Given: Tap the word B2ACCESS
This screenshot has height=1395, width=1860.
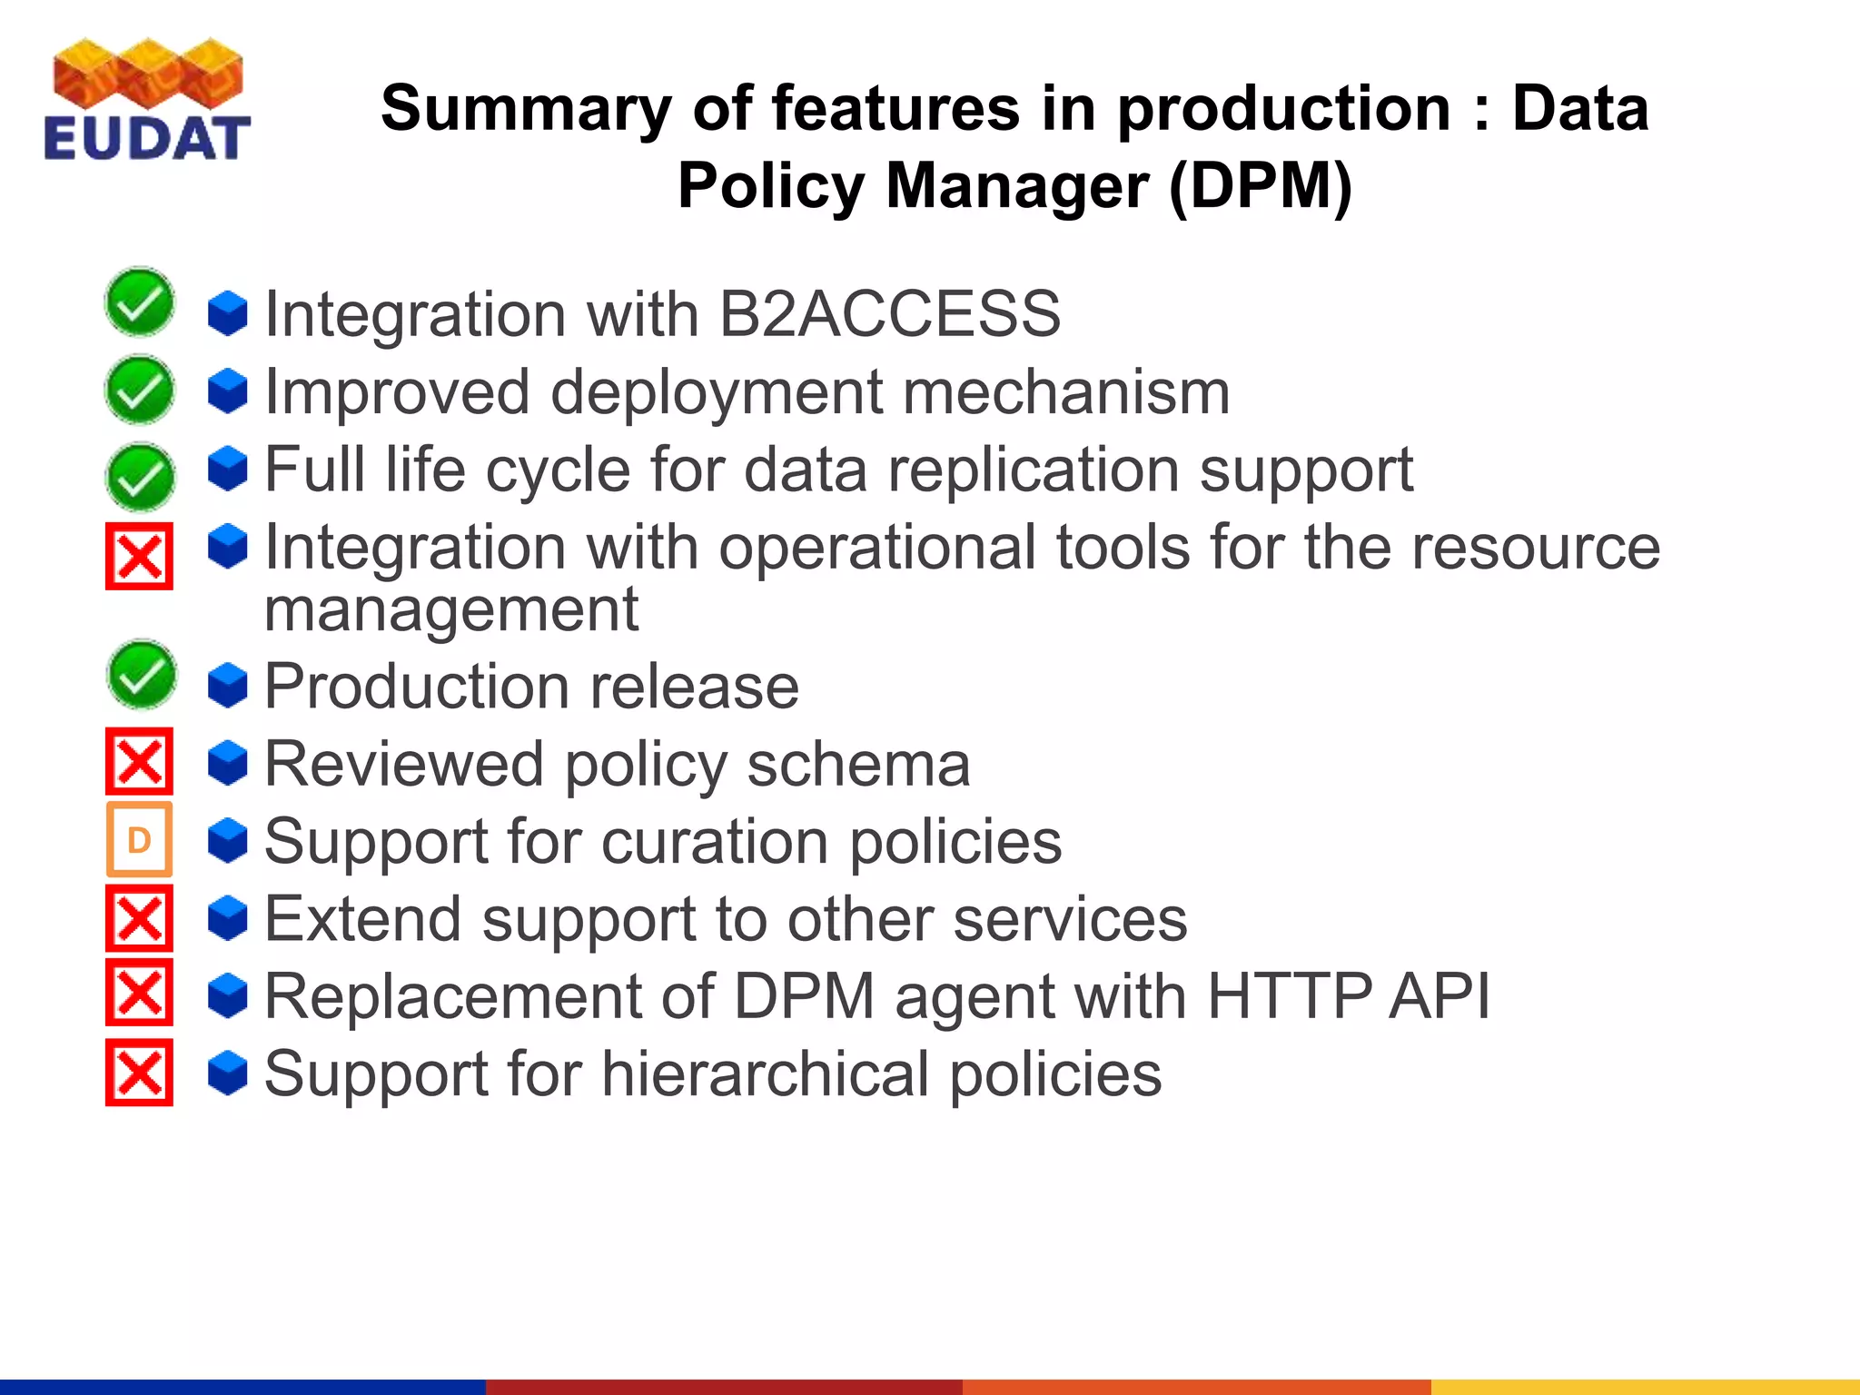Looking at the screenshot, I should coord(889,314).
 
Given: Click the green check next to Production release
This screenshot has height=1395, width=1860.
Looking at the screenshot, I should coord(141,676).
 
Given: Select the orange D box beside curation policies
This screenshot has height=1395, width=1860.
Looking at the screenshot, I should coord(139,840).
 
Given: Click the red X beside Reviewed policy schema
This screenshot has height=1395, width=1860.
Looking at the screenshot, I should coord(139,761).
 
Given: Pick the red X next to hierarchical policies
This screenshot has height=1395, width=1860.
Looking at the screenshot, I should coord(139,1073).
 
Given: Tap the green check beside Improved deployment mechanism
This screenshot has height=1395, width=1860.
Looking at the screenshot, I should coord(140,391).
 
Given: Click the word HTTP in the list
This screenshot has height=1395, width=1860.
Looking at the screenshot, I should coord(1290,996).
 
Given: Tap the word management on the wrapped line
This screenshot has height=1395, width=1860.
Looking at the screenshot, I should coord(451,609).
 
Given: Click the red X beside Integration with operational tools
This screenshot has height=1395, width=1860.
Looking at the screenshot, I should coord(139,556).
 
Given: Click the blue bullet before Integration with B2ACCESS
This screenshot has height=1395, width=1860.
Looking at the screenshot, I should coord(227,313).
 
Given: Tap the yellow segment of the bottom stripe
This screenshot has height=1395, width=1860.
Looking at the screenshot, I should coord(1644,1386).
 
